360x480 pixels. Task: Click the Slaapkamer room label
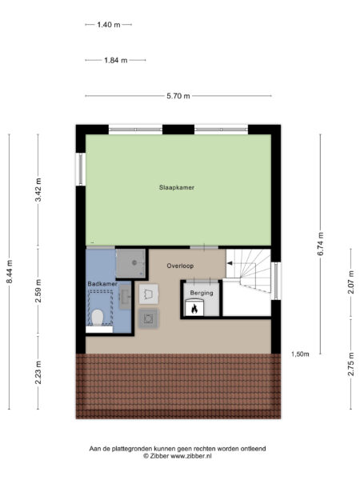(x=177, y=187)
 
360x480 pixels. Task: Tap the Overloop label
(x=180, y=266)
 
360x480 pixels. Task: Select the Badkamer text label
(x=102, y=284)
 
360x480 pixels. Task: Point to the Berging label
(x=202, y=293)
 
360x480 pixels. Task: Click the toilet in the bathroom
(x=98, y=318)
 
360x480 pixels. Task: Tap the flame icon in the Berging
(x=194, y=309)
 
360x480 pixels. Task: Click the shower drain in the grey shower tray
(x=134, y=262)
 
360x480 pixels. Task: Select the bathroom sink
(x=125, y=297)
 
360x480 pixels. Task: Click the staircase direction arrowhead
(x=230, y=263)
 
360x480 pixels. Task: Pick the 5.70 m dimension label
(x=178, y=96)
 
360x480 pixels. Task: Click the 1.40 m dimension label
(x=109, y=25)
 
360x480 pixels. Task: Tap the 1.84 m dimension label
(x=116, y=60)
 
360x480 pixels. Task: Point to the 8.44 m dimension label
(x=10, y=272)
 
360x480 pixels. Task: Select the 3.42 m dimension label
(x=38, y=190)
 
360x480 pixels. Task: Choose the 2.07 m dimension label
(x=351, y=282)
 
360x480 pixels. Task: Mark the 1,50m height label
(x=300, y=354)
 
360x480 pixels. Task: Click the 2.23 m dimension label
(x=38, y=372)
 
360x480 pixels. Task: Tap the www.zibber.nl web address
(x=191, y=456)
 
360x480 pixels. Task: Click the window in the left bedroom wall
(x=81, y=169)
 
